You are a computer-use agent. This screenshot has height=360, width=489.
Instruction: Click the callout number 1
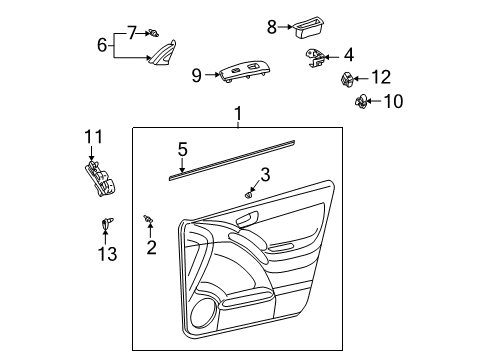click(x=238, y=115)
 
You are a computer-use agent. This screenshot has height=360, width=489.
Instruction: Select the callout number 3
click(x=265, y=174)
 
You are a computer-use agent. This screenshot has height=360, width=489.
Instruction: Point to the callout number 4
click(x=349, y=55)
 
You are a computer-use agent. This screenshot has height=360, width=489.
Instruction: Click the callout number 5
click(x=182, y=150)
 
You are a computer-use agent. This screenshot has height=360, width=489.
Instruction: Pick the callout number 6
click(x=102, y=44)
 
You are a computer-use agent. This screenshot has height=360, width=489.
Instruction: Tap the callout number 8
click(x=272, y=27)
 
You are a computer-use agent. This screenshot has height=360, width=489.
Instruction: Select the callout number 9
click(x=196, y=73)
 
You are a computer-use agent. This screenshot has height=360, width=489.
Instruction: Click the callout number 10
click(x=392, y=100)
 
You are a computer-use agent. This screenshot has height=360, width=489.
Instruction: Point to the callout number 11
click(x=93, y=137)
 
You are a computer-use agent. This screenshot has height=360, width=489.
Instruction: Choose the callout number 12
click(x=381, y=76)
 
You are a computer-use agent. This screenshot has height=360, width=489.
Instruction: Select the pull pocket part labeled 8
click(x=307, y=27)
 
